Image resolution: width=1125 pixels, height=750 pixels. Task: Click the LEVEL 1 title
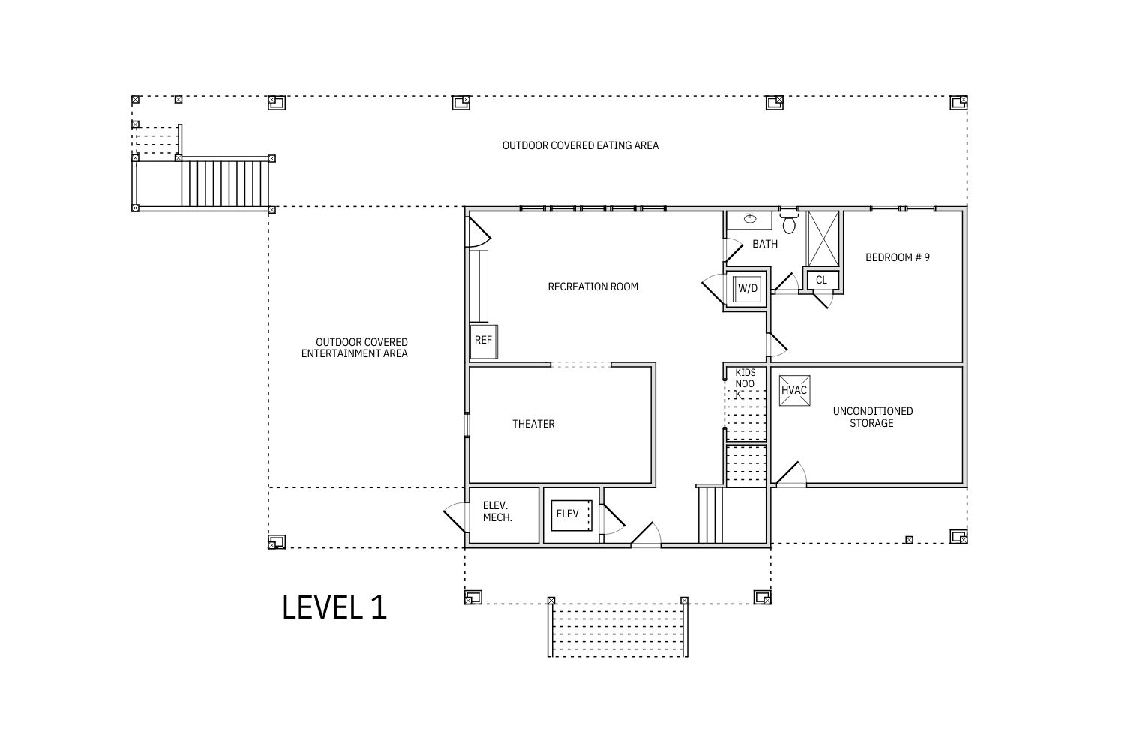[334, 607]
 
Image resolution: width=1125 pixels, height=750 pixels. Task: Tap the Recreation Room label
[592, 286]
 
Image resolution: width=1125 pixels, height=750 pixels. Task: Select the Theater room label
[533, 424]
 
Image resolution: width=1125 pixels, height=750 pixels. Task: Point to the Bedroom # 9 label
[898, 257]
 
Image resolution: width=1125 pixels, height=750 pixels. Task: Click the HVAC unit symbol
[794, 390]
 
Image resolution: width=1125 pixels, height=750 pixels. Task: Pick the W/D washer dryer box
[747, 288]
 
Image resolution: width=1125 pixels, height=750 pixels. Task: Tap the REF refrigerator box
[484, 341]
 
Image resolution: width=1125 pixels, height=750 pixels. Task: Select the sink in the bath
[750, 218]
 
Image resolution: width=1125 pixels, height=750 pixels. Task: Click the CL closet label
[821, 280]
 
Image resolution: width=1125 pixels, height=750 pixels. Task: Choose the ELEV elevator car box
[571, 515]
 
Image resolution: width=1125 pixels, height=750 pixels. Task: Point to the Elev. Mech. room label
[497, 511]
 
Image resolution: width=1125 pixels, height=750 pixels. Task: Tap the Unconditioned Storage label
[873, 417]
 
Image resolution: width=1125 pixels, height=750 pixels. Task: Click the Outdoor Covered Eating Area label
[580, 145]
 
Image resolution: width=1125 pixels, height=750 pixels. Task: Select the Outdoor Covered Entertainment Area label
[355, 347]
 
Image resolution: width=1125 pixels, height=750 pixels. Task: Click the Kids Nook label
[745, 383]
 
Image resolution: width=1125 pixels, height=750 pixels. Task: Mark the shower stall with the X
[823, 238]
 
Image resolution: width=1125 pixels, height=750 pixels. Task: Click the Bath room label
[765, 244]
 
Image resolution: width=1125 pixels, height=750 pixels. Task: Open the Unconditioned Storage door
[787, 474]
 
